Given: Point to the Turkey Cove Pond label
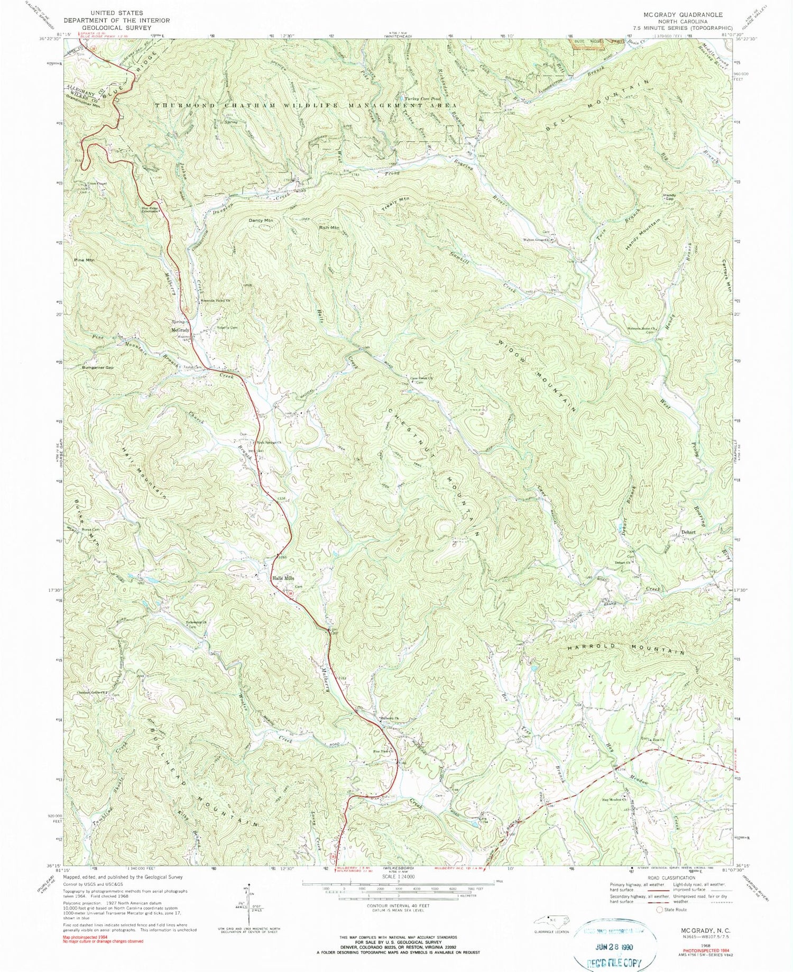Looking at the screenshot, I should pyautogui.click(x=422, y=99).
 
